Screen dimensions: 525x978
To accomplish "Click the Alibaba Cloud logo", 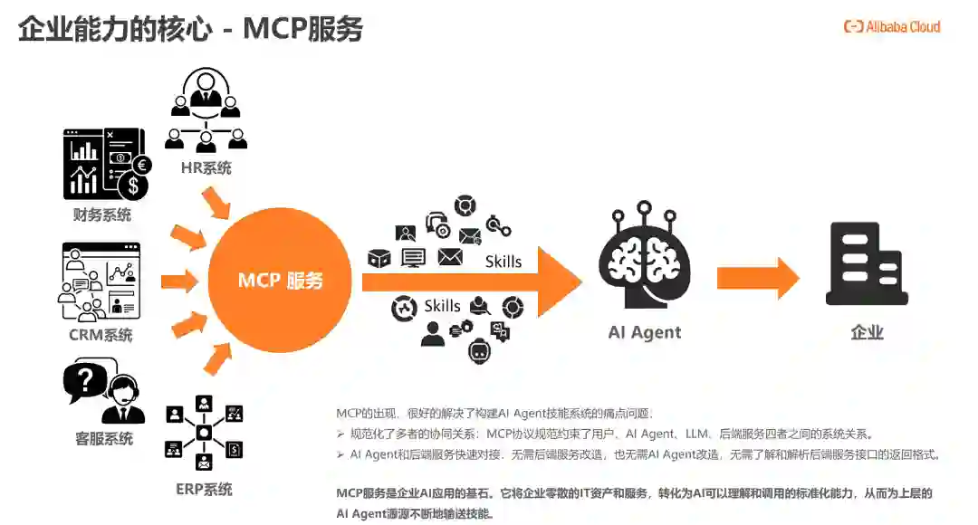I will [x=892, y=27].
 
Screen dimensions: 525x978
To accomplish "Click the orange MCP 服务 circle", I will [x=280, y=281].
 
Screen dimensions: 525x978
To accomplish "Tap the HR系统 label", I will [x=206, y=167].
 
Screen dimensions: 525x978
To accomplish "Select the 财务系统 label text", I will [x=102, y=215].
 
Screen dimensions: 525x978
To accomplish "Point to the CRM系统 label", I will [x=101, y=335].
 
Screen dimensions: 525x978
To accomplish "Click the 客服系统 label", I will [x=104, y=439].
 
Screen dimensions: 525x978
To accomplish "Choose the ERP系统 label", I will [x=204, y=490].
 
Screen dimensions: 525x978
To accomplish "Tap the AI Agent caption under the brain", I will [x=645, y=332].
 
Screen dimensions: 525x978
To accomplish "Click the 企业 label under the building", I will [x=867, y=332].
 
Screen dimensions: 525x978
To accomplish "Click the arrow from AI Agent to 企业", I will [x=757, y=279].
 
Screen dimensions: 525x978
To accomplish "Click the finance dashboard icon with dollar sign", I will [x=105, y=164].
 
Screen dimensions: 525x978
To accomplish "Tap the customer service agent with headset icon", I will [x=105, y=391].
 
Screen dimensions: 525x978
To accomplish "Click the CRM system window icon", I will [x=101, y=282].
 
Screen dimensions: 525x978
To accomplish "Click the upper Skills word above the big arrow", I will [x=503, y=262].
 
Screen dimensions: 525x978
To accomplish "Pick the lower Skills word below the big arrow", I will [x=442, y=306].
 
